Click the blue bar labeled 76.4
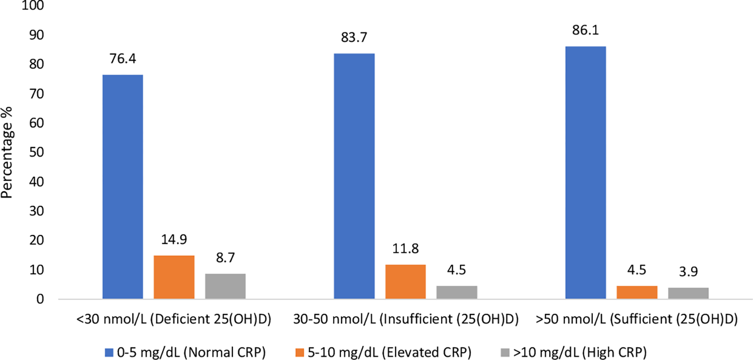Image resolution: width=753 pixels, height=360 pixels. point(122,187)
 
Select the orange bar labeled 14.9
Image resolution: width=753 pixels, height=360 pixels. point(174,277)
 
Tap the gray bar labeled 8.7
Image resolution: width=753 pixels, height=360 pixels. point(225,286)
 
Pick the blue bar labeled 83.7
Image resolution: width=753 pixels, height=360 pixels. point(354,176)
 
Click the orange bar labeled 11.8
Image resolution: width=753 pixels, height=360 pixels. point(406,282)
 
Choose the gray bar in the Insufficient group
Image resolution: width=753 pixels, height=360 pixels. point(457,292)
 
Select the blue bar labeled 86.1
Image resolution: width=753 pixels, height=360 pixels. point(586,172)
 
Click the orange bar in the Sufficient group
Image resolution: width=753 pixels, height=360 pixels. point(637,292)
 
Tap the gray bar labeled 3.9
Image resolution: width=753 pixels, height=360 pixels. point(688,293)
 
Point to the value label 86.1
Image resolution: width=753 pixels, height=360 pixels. point(586,30)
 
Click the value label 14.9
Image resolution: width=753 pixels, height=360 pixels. point(174,239)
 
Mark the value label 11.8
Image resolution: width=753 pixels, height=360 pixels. point(406,249)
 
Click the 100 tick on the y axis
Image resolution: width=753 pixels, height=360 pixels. point(33,6)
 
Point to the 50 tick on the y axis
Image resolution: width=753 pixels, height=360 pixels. point(36,152)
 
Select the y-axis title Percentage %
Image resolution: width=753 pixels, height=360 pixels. point(7,152)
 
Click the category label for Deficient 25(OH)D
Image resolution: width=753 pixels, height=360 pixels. point(174,319)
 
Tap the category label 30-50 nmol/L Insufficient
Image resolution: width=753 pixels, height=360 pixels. point(406,319)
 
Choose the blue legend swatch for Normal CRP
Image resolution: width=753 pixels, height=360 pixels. point(109,352)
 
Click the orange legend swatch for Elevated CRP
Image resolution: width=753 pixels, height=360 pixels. point(300,352)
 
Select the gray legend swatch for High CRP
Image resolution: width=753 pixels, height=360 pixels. point(505,352)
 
